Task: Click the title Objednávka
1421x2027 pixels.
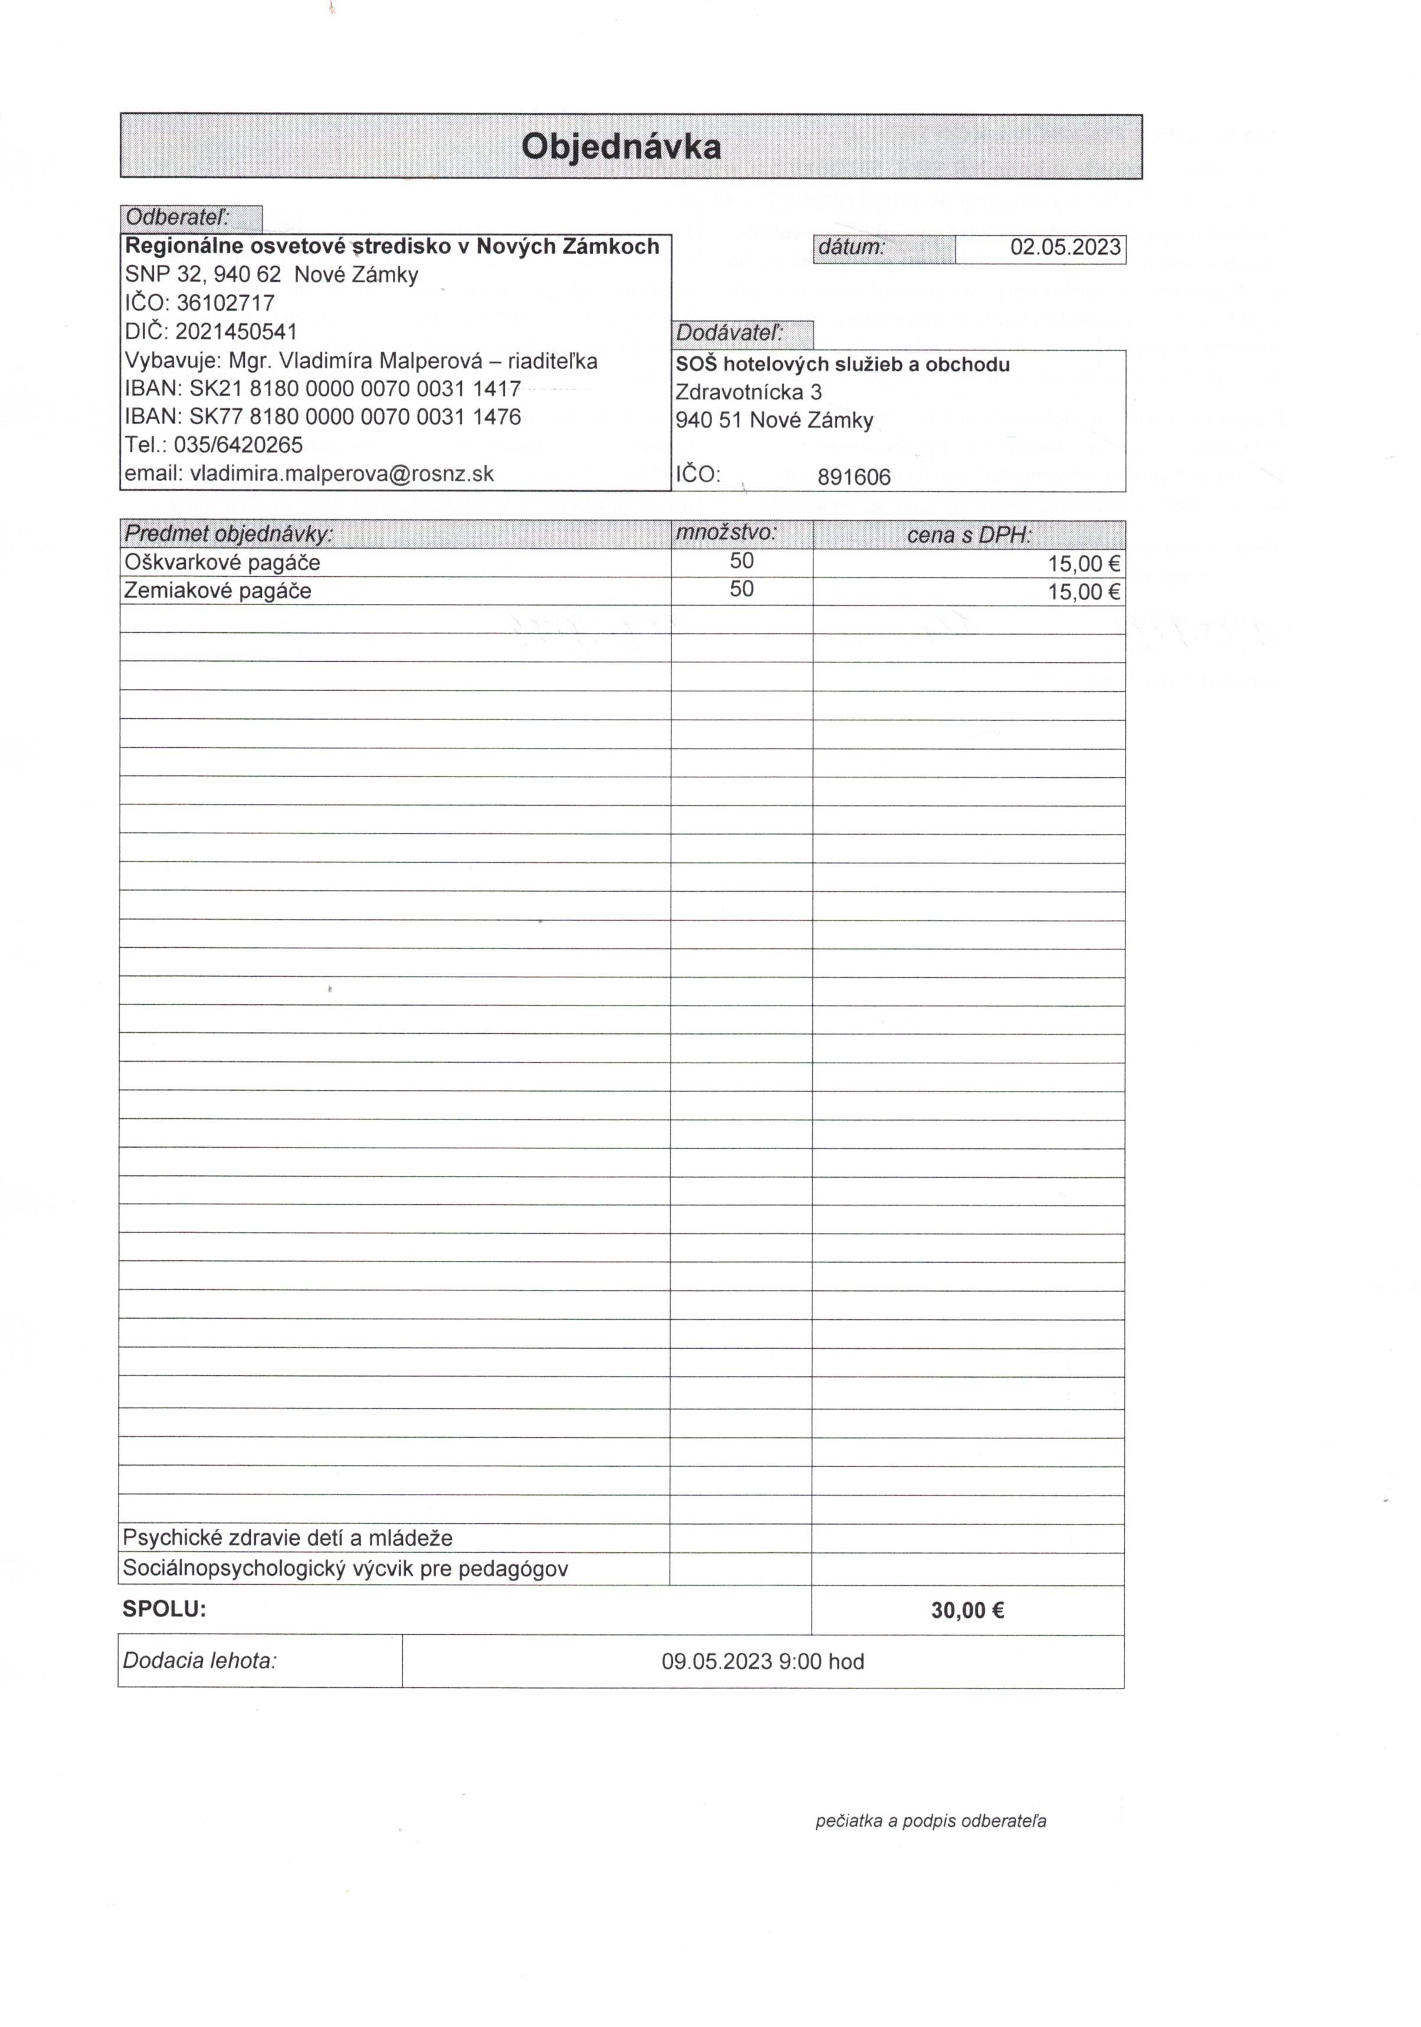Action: click(x=621, y=146)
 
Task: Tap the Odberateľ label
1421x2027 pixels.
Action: click(x=178, y=217)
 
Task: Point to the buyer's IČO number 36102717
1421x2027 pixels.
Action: click(x=225, y=303)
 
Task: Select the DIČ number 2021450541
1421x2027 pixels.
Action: click(x=236, y=332)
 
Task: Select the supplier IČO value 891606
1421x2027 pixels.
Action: click(x=854, y=478)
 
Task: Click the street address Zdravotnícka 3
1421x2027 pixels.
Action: click(x=748, y=392)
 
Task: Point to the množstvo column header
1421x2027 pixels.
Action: click(x=726, y=533)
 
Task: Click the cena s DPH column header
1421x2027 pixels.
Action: click(x=969, y=535)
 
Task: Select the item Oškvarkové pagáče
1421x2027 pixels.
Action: click(x=222, y=563)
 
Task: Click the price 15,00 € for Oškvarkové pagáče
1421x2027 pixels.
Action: click(x=1084, y=564)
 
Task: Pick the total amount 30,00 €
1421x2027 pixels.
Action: click(x=967, y=1610)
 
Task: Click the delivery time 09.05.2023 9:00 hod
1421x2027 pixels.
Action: click(x=762, y=1661)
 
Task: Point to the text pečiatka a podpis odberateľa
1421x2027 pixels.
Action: click(x=930, y=1821)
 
